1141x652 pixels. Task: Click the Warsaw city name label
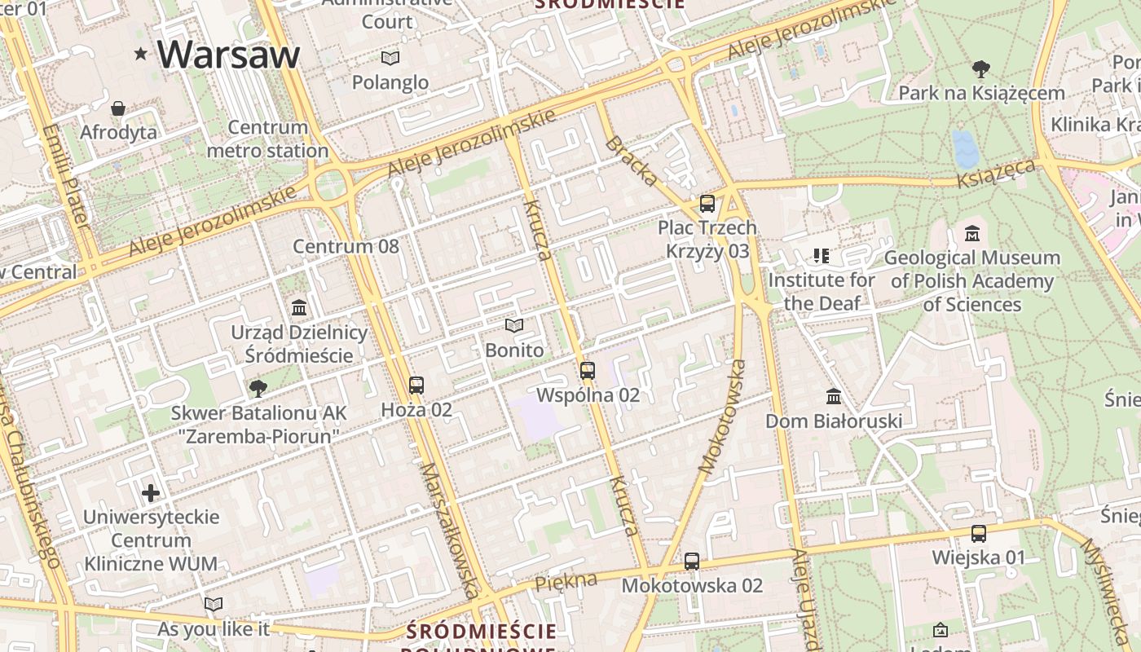[228, 54]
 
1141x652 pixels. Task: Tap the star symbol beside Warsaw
[141, 55]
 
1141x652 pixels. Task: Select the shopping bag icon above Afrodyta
[118, 108]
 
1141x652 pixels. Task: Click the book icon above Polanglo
[390, 58]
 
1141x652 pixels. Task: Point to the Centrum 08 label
[346, 246]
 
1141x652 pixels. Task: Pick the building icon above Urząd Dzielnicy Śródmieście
[299, 308]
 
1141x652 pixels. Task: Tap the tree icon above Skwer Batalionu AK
[258, 388]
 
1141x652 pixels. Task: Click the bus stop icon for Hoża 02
[416, 385]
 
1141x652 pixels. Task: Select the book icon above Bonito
[513, 326]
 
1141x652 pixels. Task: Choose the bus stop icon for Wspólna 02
[588, 371]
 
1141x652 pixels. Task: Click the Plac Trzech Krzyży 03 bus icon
[707, 204]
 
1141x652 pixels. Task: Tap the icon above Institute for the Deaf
[821, 256]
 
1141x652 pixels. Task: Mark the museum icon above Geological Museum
[971, 234]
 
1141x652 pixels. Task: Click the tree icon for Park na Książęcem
[981, 69]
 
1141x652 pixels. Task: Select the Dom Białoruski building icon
[833, 397]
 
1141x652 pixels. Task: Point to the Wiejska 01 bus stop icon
[978, 534]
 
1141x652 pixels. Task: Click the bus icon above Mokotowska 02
[692, 561]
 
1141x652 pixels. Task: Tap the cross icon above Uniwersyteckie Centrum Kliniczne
[151, 493]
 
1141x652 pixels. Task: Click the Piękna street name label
[566, 581]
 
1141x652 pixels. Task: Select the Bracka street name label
[632, 161]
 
